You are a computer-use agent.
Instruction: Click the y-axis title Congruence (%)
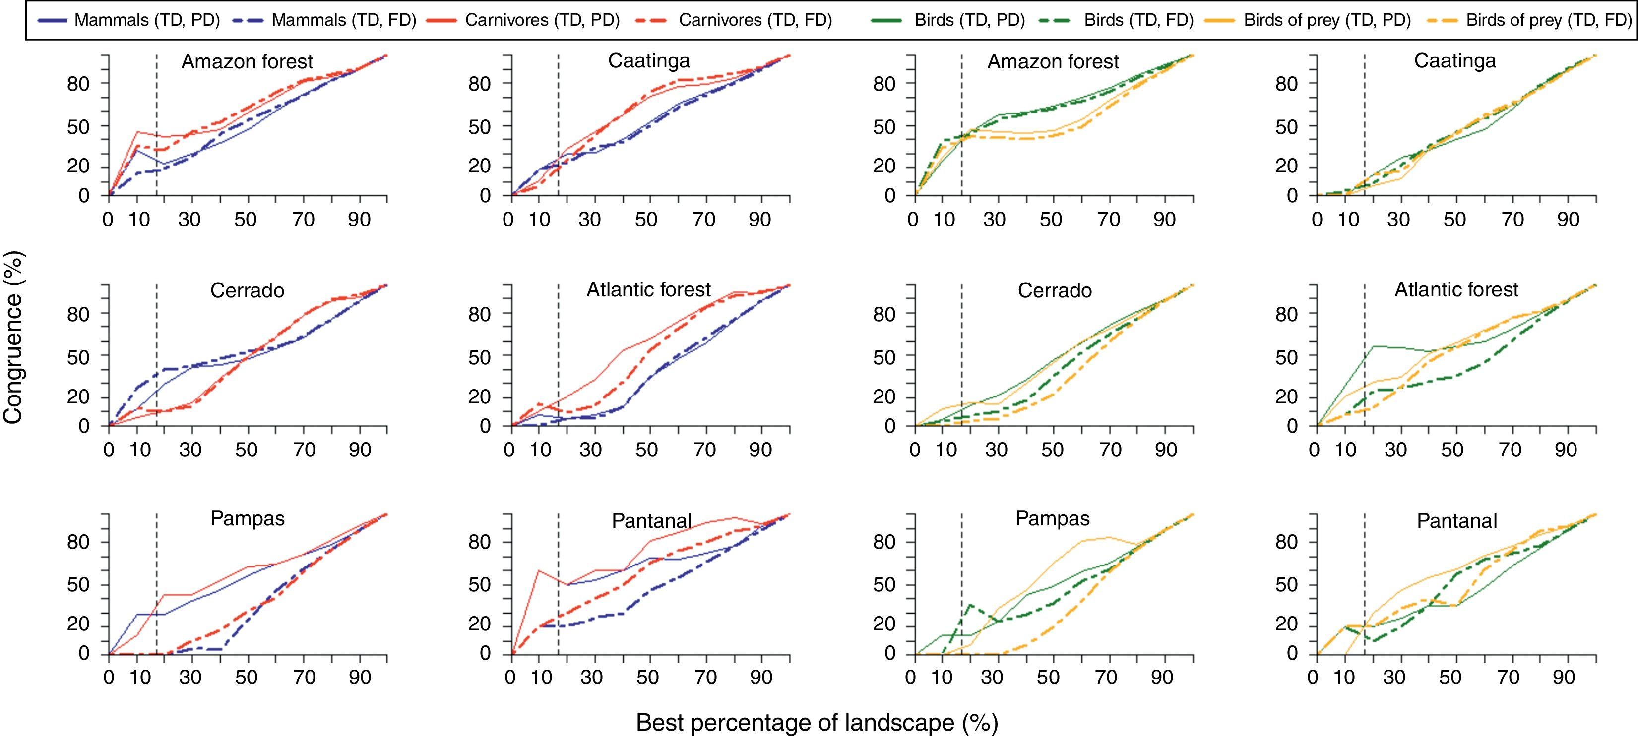(x=13, y=337)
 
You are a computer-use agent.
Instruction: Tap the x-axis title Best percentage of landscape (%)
(x=817, y=723)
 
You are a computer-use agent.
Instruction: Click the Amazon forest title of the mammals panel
(x=248, y=61)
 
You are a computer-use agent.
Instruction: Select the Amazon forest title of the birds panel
(x=1053, y=61)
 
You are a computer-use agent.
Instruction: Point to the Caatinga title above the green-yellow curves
(x=1455, y=61)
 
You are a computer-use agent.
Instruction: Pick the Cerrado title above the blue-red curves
(x=248, y=290)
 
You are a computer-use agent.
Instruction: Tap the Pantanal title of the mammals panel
(x=652, y=521)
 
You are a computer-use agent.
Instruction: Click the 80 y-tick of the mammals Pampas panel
(x=79, y=542)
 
